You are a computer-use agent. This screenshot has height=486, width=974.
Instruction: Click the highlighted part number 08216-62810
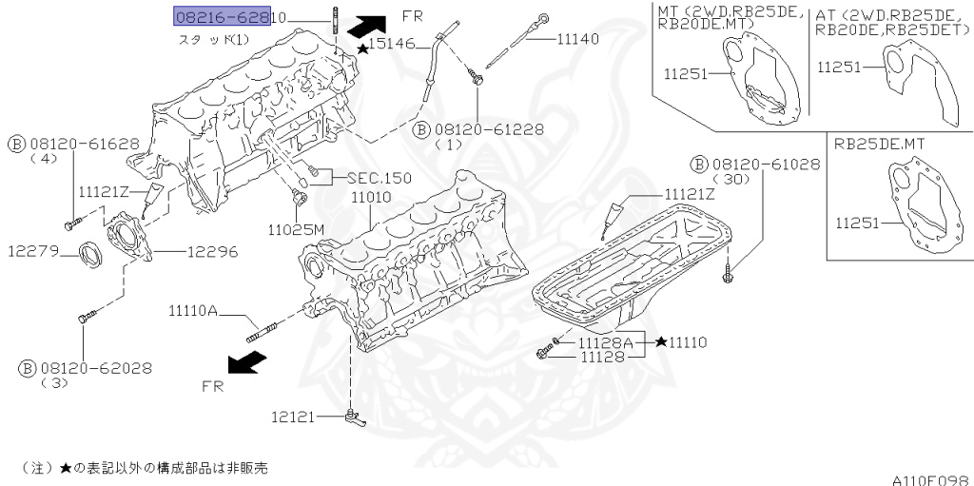pyautogui.click(x=228, y=16)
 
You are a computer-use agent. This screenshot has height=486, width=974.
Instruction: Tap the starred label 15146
pyautogui.click(x=391, y=44)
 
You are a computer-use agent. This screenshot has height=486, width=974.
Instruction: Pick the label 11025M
pyautogui.click(x=296, y=229)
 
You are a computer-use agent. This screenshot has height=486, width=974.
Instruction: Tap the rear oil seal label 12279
pyautogui.click(x=35, y=252)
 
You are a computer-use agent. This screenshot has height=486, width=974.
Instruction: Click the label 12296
pyautogui.click(x=212, y=252)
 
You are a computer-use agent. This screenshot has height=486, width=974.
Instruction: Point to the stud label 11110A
pyautogui.click(x=194, y=310)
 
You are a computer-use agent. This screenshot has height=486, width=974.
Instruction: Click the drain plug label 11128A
pyautogui.click(x=603, y=341)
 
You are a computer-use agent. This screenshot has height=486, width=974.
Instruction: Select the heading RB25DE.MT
pyautogui.click(x=881, y=145)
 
